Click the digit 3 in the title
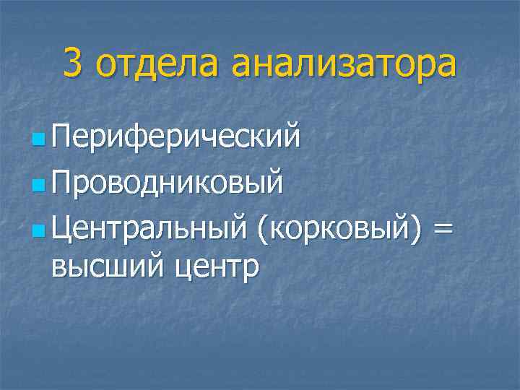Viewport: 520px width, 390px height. click(x=72, y=64)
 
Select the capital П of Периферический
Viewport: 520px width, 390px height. click(x=61, y=135)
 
